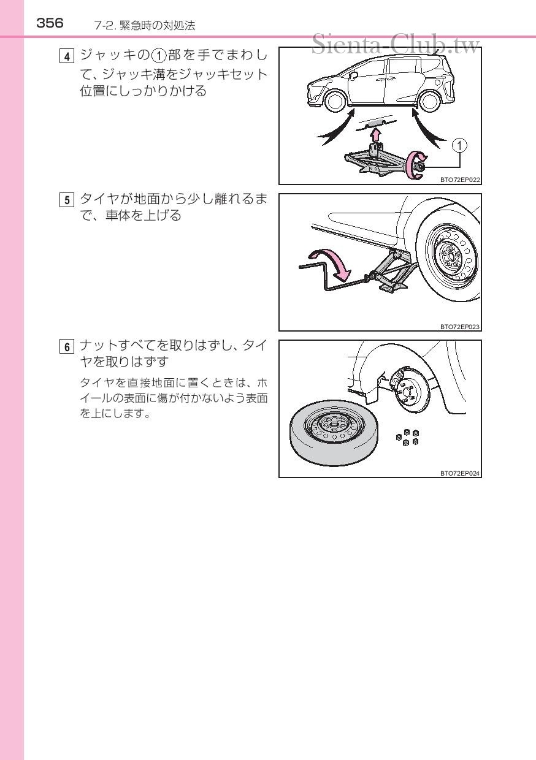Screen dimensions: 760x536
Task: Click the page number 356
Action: click(x=50, y=23)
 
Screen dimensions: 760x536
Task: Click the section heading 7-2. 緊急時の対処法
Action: click(x=145, y=26)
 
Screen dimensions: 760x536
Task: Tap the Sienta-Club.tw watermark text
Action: click(x=396, y=44)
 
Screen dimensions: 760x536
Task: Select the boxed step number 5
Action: click(x=66, y=200)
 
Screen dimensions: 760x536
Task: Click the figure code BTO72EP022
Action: click(x=460, y=180)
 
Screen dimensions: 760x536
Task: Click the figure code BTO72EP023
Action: click(x=460, y=326)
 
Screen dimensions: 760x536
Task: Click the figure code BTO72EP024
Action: click(x=460, y=473)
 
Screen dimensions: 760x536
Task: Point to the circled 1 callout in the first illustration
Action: click(x=459, y=145)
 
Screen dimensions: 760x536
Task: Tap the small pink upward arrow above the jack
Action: click(x=377, y=135)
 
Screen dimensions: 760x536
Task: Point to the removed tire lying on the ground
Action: click(x=334, y=433)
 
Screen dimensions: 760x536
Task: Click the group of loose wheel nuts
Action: click(x=407, y=438)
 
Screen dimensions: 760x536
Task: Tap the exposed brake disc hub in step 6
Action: click(x=407, y=390)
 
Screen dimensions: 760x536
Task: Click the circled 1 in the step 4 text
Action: click(x=158, y=56)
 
